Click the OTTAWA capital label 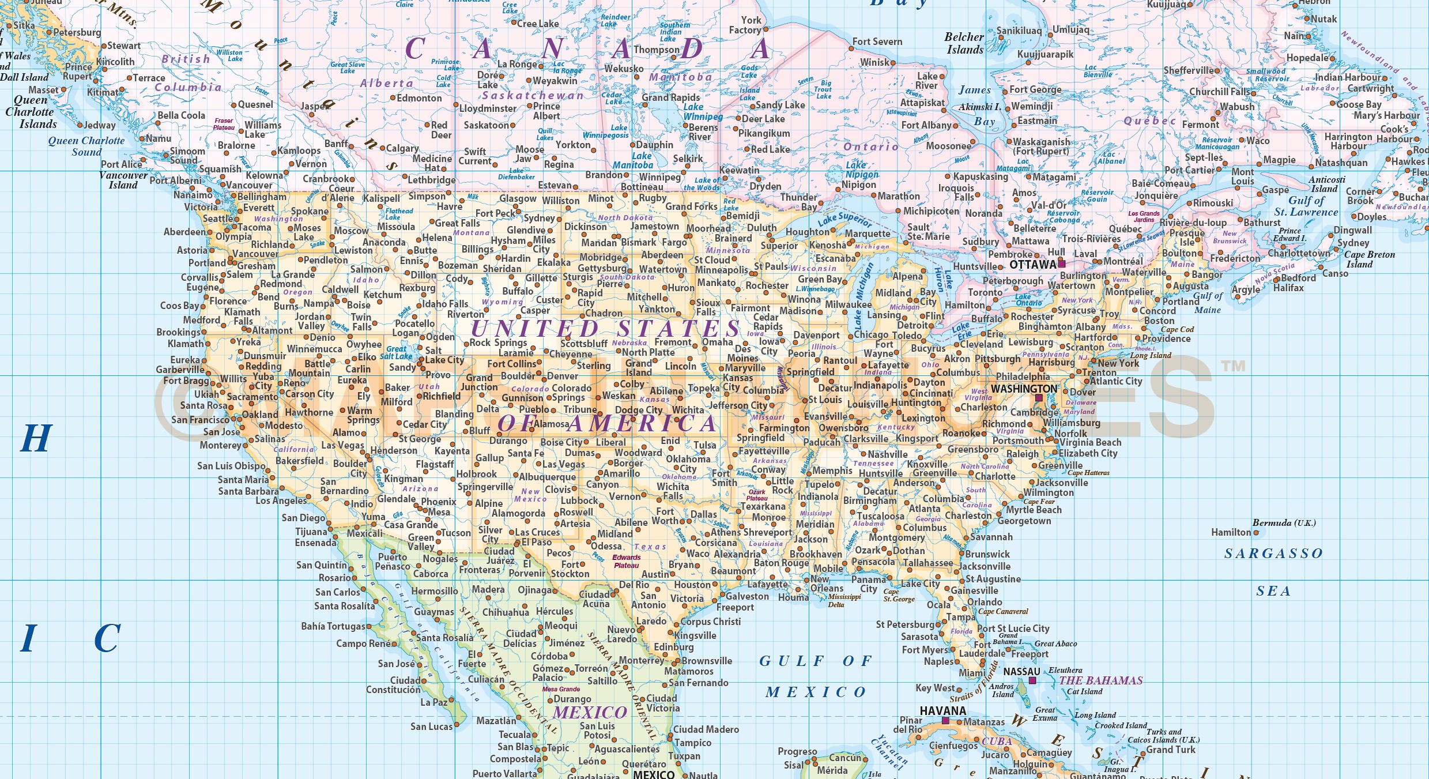(1032, 265)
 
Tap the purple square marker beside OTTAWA (1062, 264)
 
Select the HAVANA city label (942, 711)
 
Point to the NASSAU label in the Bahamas (1021, 672)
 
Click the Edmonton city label (419, 98)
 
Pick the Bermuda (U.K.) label (1284, 523)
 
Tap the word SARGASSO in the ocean (1273, 554)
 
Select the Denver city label (563, 376)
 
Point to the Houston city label (692, 585)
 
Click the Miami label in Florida (972, 673)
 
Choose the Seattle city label (218, 219)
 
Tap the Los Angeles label (281, 500)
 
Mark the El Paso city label (537, 543)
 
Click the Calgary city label (402, 148)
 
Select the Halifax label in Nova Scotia (1288, 288)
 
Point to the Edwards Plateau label (627, 561)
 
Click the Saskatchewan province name (533, 96)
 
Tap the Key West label (935, 688)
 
